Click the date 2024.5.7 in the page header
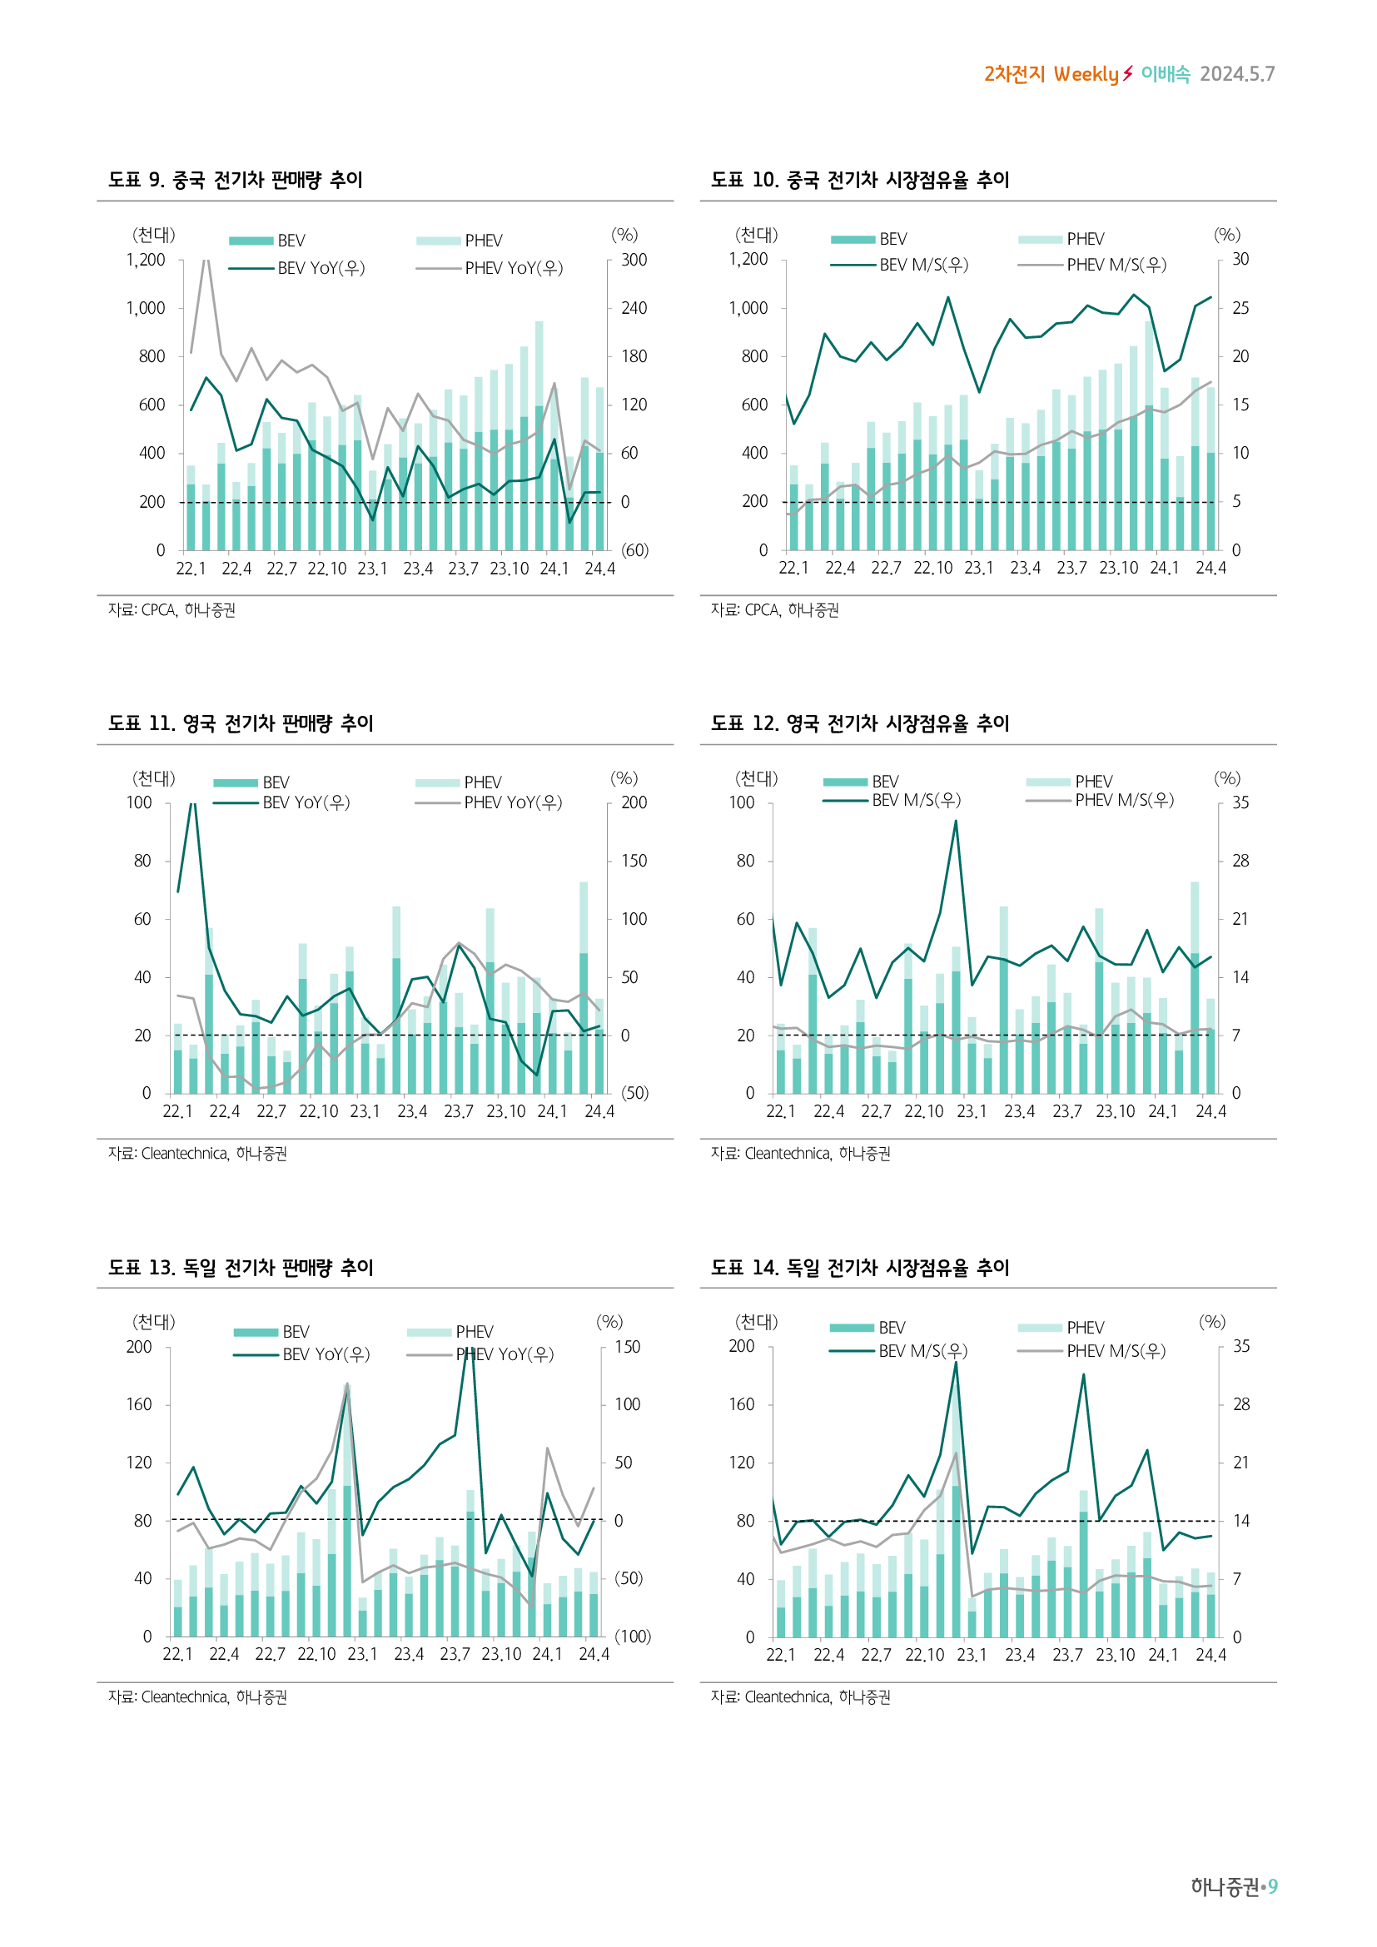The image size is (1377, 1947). point(1236,75)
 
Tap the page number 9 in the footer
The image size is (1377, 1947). point(1272,1886)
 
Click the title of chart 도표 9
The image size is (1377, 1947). point(236,180)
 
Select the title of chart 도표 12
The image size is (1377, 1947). point(860,723)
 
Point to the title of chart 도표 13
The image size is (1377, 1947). point(241,1268)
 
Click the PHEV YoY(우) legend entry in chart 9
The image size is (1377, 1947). point(513,268)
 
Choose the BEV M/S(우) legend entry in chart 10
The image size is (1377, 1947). point(923,265)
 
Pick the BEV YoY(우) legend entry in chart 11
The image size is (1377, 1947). point(306,802)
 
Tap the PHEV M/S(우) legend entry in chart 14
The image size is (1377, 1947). point(1116,1351)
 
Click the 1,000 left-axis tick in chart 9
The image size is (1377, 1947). point(146,308)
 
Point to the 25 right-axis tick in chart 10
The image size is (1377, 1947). point(1240,308)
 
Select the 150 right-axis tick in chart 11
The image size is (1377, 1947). point(634,861)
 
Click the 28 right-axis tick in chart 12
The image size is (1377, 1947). point(1240,861)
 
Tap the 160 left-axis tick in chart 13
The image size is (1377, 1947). point(139,1404)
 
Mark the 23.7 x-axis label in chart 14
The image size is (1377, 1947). point(1066,1655)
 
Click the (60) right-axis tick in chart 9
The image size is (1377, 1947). point(634,550)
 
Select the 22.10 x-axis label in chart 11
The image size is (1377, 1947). point(318,1111)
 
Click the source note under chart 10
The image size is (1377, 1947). point(774,609)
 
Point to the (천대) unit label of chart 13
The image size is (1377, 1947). point(153,1321)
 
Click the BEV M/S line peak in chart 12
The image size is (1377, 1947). point(956,821)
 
